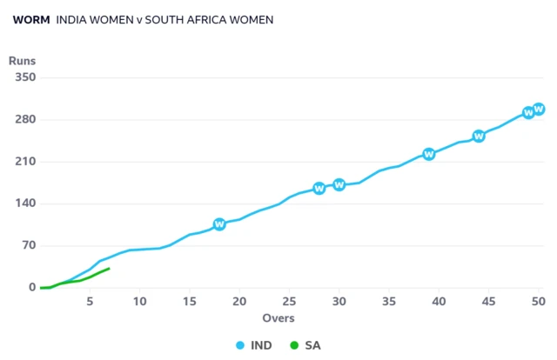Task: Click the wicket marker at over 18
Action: [219, 224]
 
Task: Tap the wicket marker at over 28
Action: [319, 188]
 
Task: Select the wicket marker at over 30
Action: [339, 184]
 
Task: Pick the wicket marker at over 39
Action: [429, 154]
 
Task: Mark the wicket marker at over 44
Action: [479, 136]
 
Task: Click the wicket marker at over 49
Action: [528, 113]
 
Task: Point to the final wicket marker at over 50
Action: [539, 109]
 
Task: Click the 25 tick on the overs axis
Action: [289, 301]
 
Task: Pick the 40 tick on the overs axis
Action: [439, 301]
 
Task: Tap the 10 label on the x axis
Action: [139, 301]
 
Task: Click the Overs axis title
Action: [278, 318]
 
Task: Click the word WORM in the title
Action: [31, 19]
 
